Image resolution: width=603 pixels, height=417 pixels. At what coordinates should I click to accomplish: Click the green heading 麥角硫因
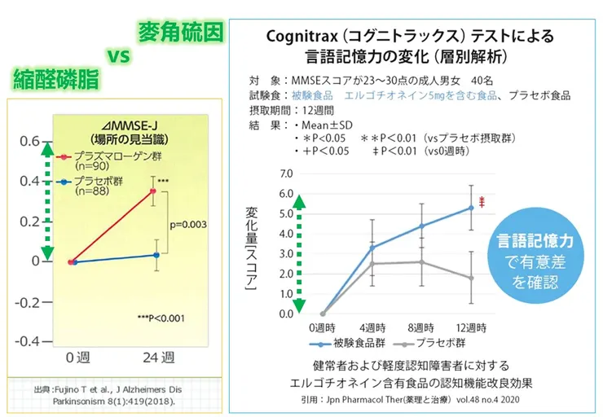179,33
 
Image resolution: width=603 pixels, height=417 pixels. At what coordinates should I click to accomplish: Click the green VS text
119,55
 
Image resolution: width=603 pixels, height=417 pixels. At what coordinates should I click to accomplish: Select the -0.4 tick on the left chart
25,340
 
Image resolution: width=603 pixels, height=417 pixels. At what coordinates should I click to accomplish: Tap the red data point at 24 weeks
152,191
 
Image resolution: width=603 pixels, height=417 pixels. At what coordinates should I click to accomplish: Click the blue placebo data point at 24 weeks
155,255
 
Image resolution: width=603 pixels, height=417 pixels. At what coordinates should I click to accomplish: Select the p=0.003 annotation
187,224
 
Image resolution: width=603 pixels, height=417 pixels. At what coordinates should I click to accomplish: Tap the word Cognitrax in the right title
301,37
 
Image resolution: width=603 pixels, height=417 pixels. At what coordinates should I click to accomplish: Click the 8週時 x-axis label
421,327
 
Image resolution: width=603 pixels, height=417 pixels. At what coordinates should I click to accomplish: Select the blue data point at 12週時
471,208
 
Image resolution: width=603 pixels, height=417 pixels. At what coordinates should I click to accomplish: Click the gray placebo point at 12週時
471,278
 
